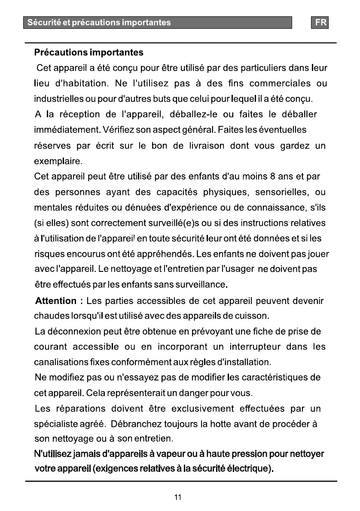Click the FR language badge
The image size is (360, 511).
click(x=320, y=23)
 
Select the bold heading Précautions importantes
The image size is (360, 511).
click(x=88, y=53)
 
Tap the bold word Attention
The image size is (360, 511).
click(x=56, y=301)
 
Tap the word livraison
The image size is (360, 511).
click(x=206, y=146)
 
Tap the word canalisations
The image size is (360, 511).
click(x=60, y=362)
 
